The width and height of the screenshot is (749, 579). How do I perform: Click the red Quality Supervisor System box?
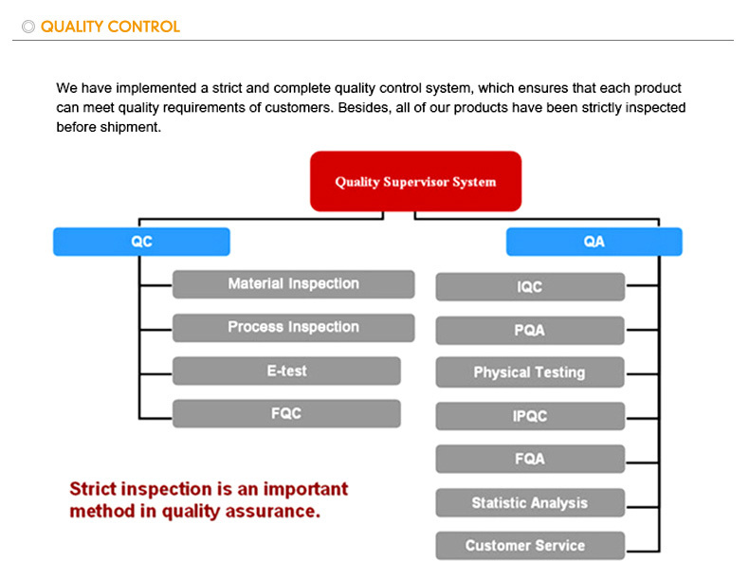point(415,181)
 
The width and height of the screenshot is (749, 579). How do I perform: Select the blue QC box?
point(141,242)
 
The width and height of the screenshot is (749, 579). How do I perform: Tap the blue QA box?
point(594,242)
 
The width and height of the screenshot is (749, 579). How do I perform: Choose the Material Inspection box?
point(293,284)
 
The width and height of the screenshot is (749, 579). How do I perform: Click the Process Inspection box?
point(293,328)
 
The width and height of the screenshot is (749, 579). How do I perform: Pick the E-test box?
point(286,371)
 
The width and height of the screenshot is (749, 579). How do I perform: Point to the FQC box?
point(286,414)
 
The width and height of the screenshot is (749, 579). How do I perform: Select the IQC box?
point(530,287)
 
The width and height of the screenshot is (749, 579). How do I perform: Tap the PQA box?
point(530,331)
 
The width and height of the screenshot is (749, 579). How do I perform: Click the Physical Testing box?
point(530,372)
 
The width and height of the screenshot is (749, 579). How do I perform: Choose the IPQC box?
point(530,416)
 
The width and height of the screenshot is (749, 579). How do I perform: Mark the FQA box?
point(530,459)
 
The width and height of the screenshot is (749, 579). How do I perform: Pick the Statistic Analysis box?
point(530,503)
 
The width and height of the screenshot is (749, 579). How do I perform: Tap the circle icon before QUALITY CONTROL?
point(28,27)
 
